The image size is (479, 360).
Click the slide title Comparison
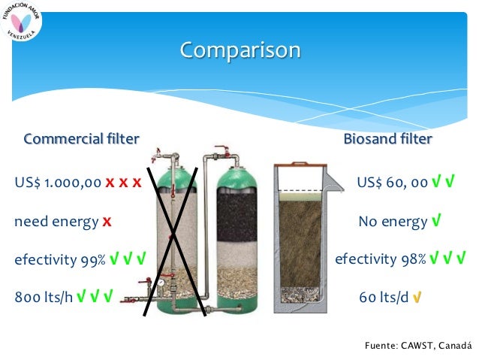240,50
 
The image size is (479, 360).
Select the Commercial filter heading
81,139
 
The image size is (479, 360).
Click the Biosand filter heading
387,139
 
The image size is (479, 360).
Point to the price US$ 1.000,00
58,183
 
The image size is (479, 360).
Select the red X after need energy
107,222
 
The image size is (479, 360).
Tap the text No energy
392,222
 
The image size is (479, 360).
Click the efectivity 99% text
59,260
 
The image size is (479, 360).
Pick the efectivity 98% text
380,260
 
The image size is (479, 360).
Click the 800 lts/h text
43,297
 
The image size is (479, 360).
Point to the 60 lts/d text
384,297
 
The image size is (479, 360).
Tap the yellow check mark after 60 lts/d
417,298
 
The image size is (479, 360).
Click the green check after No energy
435,222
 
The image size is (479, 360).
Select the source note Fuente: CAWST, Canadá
417,345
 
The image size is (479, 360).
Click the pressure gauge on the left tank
161,284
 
